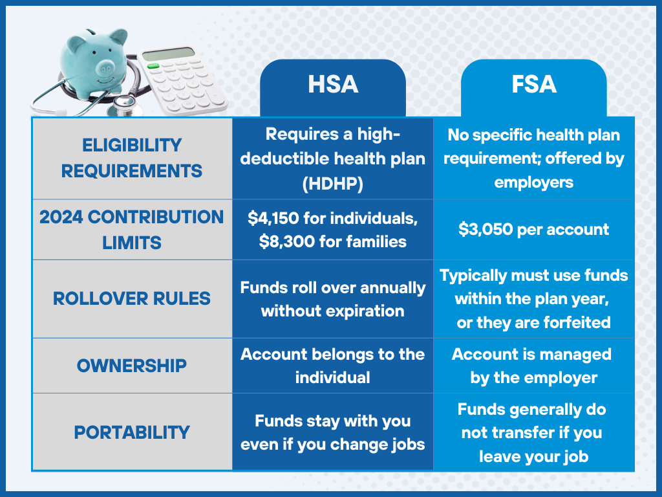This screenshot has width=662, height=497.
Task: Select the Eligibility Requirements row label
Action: (132, 158)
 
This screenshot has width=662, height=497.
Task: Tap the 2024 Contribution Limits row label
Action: (132, 230)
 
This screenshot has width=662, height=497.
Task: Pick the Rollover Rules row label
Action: (132, 298)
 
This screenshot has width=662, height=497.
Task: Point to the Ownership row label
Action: (132, 366)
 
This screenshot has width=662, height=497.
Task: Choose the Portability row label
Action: (132, 432)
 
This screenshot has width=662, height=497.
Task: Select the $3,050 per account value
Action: (533, 230)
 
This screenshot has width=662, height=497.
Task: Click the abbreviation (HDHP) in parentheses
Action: (333, 184)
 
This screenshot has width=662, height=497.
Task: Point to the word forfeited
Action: (577, 322)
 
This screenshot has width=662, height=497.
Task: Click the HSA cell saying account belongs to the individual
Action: (333, 366)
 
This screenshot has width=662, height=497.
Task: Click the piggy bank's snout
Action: (105, 67)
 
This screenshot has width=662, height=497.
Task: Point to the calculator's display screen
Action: (169, 54)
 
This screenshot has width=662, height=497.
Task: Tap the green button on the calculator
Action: (153, 66)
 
